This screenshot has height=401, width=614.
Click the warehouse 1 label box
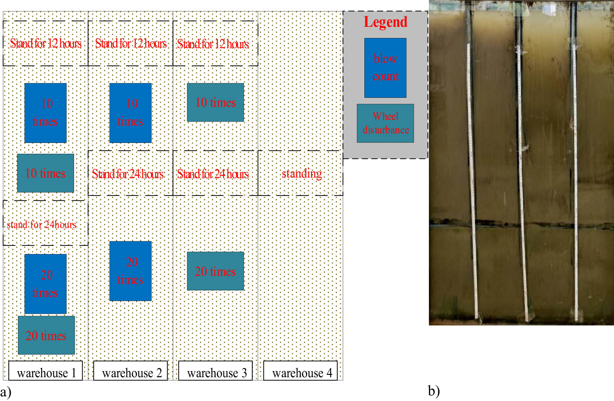(46, 371)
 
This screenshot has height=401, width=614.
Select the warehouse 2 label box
(130, 371)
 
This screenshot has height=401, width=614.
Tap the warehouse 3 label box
(215, 371)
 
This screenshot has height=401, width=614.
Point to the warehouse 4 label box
(301, 371)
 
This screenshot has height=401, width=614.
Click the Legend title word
(385, 22)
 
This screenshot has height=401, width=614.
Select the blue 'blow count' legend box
(385, 68)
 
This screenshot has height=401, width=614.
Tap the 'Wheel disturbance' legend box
(385, 123)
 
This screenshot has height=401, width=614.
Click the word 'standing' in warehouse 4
(302, 174)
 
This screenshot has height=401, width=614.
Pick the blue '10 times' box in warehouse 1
(46, 113)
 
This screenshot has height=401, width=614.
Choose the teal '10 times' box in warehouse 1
(46, 173)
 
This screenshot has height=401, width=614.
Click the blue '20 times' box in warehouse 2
(130, 271)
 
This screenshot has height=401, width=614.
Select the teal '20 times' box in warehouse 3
(215, 271)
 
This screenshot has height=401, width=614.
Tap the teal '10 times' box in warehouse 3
(215, 102)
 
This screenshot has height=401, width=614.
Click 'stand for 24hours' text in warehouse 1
(41, 224)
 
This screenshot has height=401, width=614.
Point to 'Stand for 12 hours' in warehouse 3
(213, 44)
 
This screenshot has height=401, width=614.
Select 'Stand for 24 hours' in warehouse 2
(128, 174)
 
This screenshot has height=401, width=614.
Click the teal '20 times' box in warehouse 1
(46, 335)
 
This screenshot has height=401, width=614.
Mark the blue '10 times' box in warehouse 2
(130, 113)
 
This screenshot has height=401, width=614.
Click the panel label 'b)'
(434, 391)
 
